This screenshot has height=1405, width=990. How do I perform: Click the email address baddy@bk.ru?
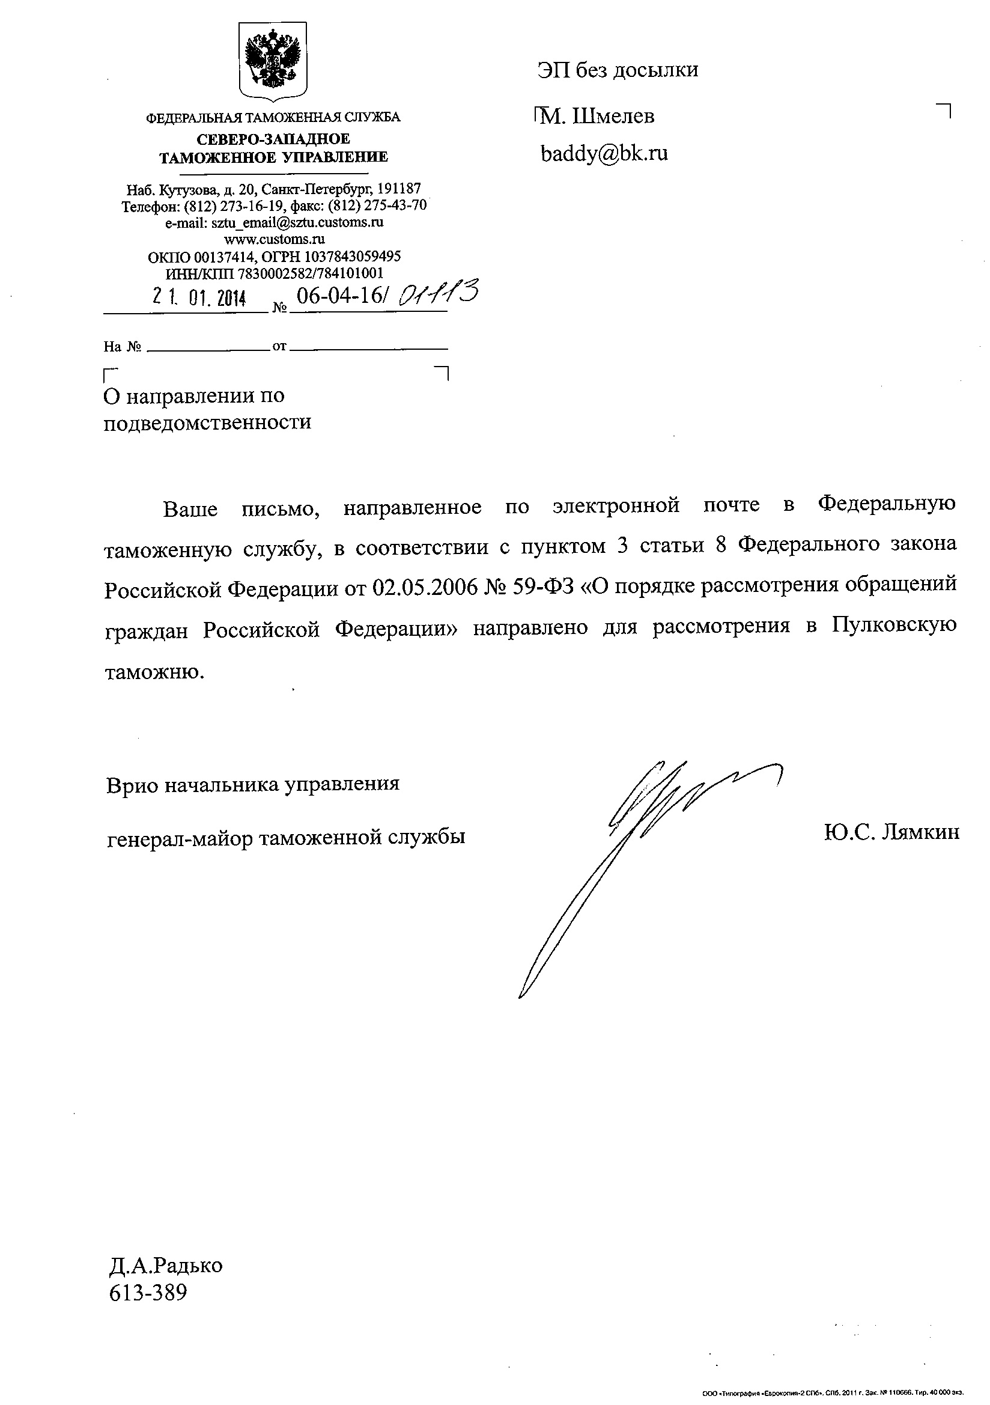click(x=604, y=154)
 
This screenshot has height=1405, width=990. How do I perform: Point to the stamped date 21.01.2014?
click(x=199, y=297)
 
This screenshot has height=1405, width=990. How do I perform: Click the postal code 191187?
click(x=398, y=189)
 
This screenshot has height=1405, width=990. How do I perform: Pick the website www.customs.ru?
click(x=274, y=239)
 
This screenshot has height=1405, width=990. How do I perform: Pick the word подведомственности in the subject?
click(x=207, y=422)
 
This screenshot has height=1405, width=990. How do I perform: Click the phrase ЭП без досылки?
click(x=618, y=70)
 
